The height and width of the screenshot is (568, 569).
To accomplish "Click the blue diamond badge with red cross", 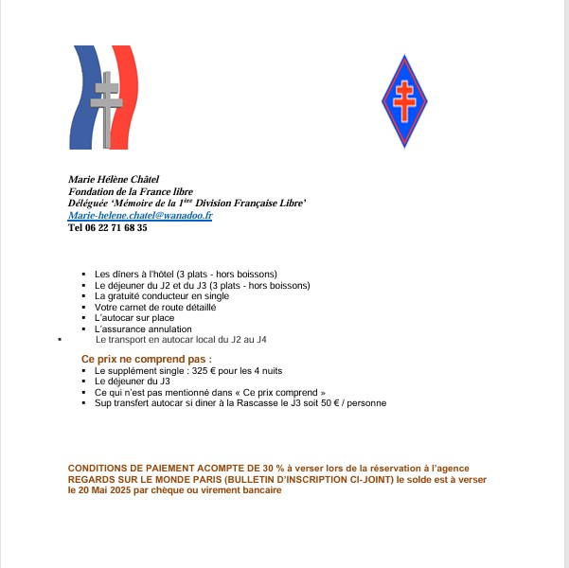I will pyautogui.click(x=404, y=100).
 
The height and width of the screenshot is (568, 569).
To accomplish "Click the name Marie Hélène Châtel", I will pyautogui.click(x=114, y=179).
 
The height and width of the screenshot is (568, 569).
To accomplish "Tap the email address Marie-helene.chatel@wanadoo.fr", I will pyautogui.click(x=140, y=216).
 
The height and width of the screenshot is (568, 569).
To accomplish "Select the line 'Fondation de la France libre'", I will pyautogui.click(x=131, y=191).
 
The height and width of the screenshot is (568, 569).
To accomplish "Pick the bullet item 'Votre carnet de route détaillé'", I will pyautogui.click(x=155, y=308).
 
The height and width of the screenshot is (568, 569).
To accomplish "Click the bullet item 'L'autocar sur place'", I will pyautogui.click(x=134, y=318).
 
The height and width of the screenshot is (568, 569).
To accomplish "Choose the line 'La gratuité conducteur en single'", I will pyautogui.click(x=161, y=296).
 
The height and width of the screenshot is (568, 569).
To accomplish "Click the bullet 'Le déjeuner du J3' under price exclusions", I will pyautogui.click(x=131, y=381).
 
